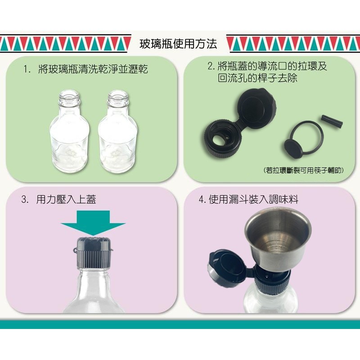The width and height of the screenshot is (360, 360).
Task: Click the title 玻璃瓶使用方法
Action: tap(178, 44)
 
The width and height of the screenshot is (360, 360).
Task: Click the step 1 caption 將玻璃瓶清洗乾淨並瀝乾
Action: tap(93, 69)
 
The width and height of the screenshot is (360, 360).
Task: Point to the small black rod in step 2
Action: tap(332, 121)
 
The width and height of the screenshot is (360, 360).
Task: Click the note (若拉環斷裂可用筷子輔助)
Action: tap(303, 170)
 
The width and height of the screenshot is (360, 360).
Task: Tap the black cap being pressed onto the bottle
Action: tap(94, 253)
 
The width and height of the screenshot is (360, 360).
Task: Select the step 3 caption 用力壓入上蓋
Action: tap(66, 199)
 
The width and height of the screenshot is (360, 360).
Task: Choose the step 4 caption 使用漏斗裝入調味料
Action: tap(253, 199)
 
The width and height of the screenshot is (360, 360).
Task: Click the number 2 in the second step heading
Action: tap(210, 66)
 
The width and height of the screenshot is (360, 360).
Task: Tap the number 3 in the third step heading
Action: tap(24, 199)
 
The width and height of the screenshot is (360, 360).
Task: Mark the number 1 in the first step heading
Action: tap(26, 69)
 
